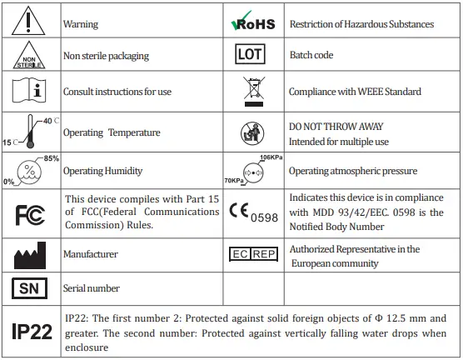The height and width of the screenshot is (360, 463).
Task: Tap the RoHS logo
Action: (251, 24)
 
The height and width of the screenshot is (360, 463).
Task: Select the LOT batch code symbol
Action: (251, 56)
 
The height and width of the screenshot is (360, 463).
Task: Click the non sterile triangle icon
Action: (31, 56)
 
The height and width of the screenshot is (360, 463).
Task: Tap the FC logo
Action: (31, 212)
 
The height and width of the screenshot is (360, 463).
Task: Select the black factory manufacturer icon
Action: (31, 254)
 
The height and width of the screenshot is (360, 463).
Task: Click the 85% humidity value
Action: (52, 157)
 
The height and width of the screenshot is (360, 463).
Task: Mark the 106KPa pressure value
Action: (271, 157)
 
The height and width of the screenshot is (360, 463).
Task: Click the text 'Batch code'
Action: (311, 56)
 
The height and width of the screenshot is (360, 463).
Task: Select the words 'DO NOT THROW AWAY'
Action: (336, 127)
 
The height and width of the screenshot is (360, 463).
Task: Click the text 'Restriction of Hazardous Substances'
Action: (361, 24)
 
